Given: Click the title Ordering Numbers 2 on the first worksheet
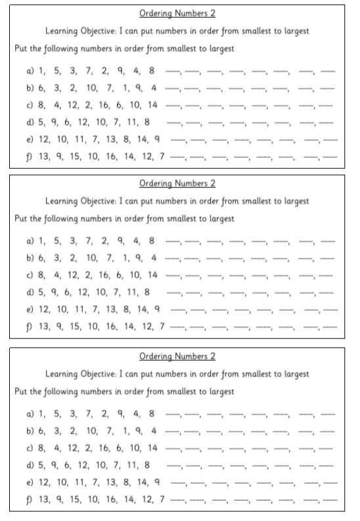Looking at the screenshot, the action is [x=177, y=12].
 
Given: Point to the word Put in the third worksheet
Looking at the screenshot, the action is [x=22, y=392].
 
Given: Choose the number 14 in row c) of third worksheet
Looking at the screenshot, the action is [x=152, y=448].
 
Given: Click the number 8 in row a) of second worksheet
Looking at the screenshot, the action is [x=152, y=241].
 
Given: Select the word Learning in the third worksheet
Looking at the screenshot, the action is [x=64, y=374].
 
